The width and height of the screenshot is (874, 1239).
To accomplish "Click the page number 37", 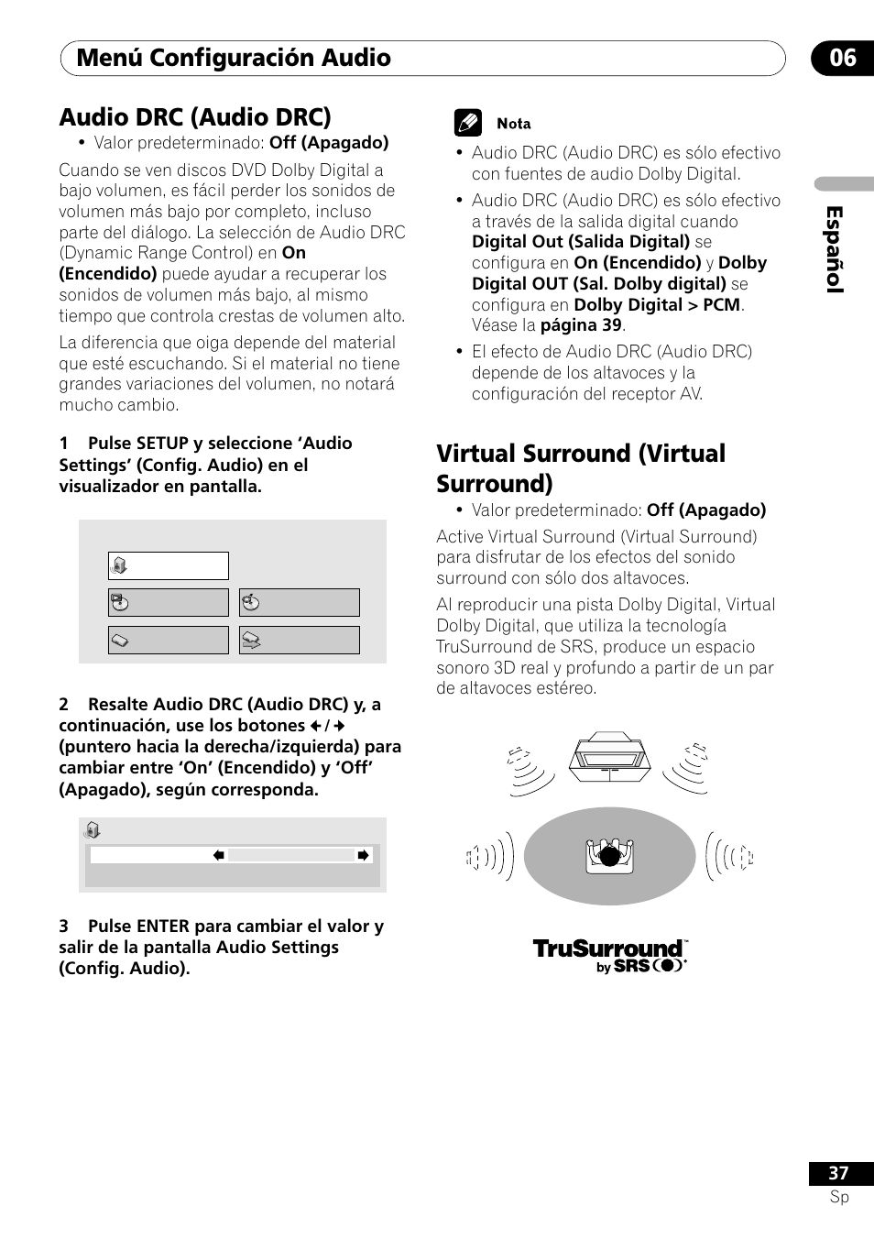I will (838, 1173).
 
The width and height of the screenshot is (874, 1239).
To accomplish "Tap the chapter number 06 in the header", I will (842, 58).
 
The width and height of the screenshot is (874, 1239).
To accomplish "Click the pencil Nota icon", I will (468, 124).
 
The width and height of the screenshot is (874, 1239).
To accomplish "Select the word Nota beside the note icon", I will (514, 124).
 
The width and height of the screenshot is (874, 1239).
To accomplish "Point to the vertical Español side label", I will (835, 249).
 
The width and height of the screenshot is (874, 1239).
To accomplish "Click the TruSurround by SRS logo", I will (610, 954).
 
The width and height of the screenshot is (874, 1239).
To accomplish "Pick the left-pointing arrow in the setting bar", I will (219, 855).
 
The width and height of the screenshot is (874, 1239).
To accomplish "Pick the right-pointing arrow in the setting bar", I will (363, 855).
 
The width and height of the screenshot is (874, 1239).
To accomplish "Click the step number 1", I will (64, 444).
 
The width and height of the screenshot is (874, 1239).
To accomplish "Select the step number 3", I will (64, 927).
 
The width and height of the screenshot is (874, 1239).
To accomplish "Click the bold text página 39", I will (581, 325).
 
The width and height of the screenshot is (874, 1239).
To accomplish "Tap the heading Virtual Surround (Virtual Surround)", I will (581, 468).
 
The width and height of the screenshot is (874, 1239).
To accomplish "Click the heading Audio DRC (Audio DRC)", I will (195, 117).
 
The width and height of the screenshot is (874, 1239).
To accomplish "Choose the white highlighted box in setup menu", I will (169, 566).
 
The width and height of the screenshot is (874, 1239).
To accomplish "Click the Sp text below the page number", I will (839, 1197).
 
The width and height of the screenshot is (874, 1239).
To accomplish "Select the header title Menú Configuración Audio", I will (234, 58).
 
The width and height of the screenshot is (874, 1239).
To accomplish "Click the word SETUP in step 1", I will (162, 444).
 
